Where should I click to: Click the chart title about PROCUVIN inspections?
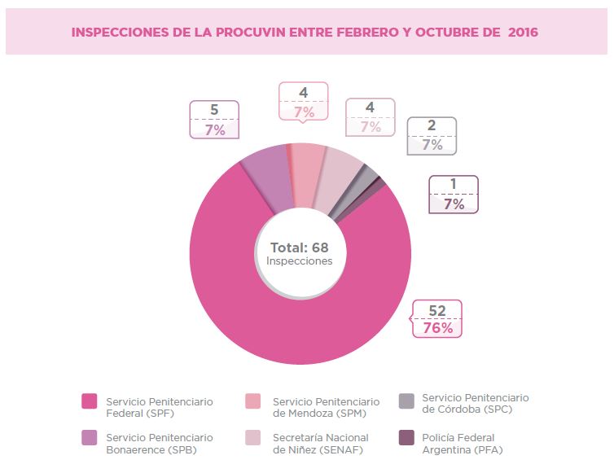pyautogui.click(x=305, y=32)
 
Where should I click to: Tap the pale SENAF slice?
pyautogui.click(x=340, y=172)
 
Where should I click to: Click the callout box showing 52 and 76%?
pyautogui.click(x=436, y=319)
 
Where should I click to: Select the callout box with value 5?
pyautogui.click(x=214, y=119)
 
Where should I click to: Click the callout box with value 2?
pyautogui.click(x=432, y=135)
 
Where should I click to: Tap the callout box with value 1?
pyautogui.click(x=454, y=195)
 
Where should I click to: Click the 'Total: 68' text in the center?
pyautogui.click(x=299, y=247)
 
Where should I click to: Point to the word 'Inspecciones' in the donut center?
pyautogui.click(x=299, y=261)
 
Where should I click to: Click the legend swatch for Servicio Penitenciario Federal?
pyautogui.click(x=90, y=401)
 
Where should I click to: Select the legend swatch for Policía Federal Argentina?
pyautogui.click(x=406, y=438)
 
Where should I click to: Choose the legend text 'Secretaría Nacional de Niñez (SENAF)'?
pyautogui.click(x=321, y=445)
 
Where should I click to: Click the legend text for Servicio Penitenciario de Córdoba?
pyautogui.click(x=475, y=403)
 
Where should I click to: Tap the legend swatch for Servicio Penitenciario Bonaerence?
pyautogui.click(x=90, y=438)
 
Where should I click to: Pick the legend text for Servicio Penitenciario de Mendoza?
pyautogui.click(x=326, y=407)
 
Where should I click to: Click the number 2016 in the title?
pyautogui.click(x=522, y=32)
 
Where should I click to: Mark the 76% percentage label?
pyautogui.click(x=437, y=328)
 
